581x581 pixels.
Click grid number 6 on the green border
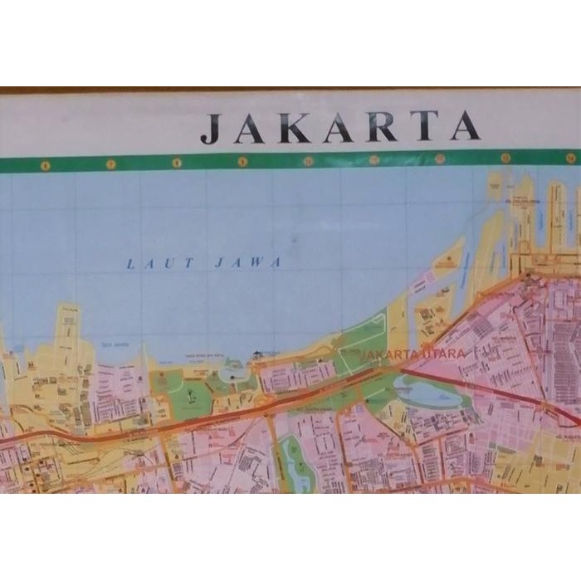44,164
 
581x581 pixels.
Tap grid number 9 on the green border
242,162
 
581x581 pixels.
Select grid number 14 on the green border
570,157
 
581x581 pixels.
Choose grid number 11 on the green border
373,159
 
